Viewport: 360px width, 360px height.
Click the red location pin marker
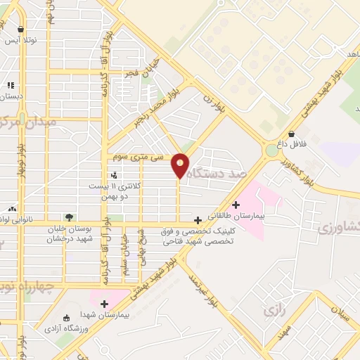click(x=181, y=165)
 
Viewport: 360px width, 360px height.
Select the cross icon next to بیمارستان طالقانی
click(x=236, y=205)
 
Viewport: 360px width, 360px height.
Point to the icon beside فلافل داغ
click(x=291, y=134)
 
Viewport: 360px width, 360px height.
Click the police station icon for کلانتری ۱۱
click(x=114, y=174)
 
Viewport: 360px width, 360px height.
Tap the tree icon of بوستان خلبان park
click(x=69, y=217)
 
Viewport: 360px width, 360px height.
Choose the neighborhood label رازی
click(x=273, y=309)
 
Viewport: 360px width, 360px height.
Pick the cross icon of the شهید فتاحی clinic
click(x=199, y=220)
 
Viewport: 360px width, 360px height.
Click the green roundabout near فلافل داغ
click(x=272, y=150)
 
